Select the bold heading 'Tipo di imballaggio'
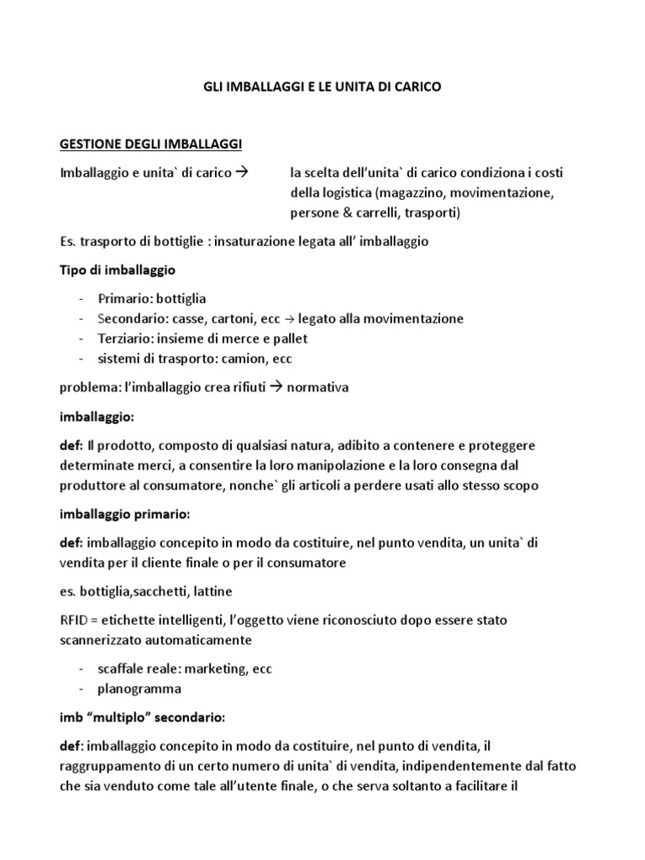click(118, 270)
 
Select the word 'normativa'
click(317, 387)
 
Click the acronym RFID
click(74, 621)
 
